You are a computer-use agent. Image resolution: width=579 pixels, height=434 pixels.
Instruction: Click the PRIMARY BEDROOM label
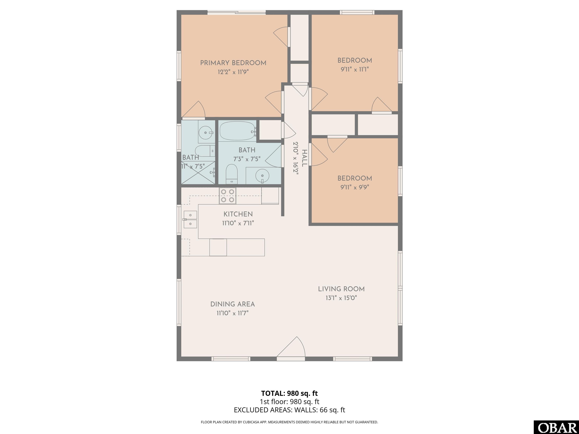[x=233, y=63]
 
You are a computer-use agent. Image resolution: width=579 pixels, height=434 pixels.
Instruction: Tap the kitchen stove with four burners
[x=227, y=196]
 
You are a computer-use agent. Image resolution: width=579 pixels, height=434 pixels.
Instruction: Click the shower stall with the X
[x=198, y=173]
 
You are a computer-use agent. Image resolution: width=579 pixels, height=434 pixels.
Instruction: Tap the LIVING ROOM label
[x=341, y=289]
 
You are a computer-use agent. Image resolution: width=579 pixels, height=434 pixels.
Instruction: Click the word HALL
[x=304, y=158]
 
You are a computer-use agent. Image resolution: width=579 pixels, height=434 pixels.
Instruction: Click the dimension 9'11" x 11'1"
[x=355, y=69]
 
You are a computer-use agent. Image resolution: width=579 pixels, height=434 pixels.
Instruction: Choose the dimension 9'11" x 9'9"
[x=355, y=187]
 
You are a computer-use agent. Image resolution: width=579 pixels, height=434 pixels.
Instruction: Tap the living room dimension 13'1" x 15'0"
[x=341, y=298]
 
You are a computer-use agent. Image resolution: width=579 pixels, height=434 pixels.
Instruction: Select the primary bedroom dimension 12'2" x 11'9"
[x=233, y=72]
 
